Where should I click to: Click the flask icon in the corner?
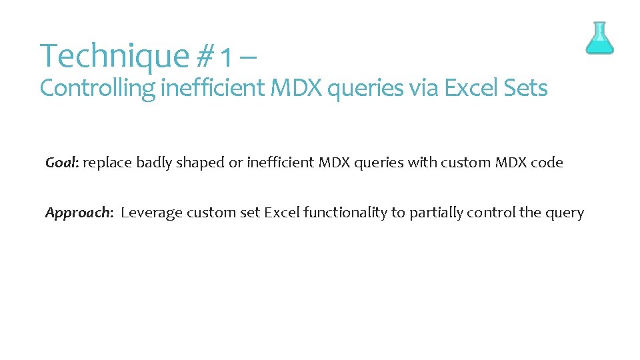(599, 38)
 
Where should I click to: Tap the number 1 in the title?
(227, 57)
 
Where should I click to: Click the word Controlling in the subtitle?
(98, 88)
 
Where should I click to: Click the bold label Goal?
(62, 163)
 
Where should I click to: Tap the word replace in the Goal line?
(107, 163)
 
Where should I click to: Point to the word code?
(547, 163)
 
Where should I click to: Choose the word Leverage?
(151, 213)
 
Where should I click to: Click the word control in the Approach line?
(491, 213)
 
